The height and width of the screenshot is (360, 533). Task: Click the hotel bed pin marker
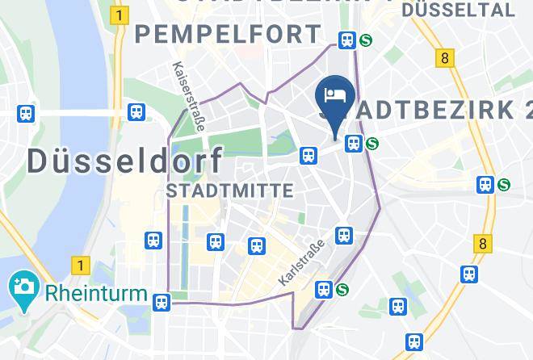tap(335, 96)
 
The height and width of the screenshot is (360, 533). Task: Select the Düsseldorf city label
tap(124, 160)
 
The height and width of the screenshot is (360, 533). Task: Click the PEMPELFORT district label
tap(228, 35)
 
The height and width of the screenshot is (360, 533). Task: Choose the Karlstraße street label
tap(300, 262)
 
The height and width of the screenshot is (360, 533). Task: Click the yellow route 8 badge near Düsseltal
tap(444, 58)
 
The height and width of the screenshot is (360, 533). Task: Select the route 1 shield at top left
tap(121, 15)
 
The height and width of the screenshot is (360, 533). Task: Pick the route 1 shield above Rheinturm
tap(79, 264)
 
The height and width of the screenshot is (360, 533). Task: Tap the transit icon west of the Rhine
tap(27, 114)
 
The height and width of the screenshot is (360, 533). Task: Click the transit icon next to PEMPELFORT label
tap(347, 40)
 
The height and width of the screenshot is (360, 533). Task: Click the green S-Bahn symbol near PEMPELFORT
tap(366, 40)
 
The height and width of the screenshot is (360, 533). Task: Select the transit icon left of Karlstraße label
tap(257, 245)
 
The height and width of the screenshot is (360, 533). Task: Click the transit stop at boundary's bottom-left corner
tap(162, 302)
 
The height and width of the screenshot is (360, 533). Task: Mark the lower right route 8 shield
tap(483, 243)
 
